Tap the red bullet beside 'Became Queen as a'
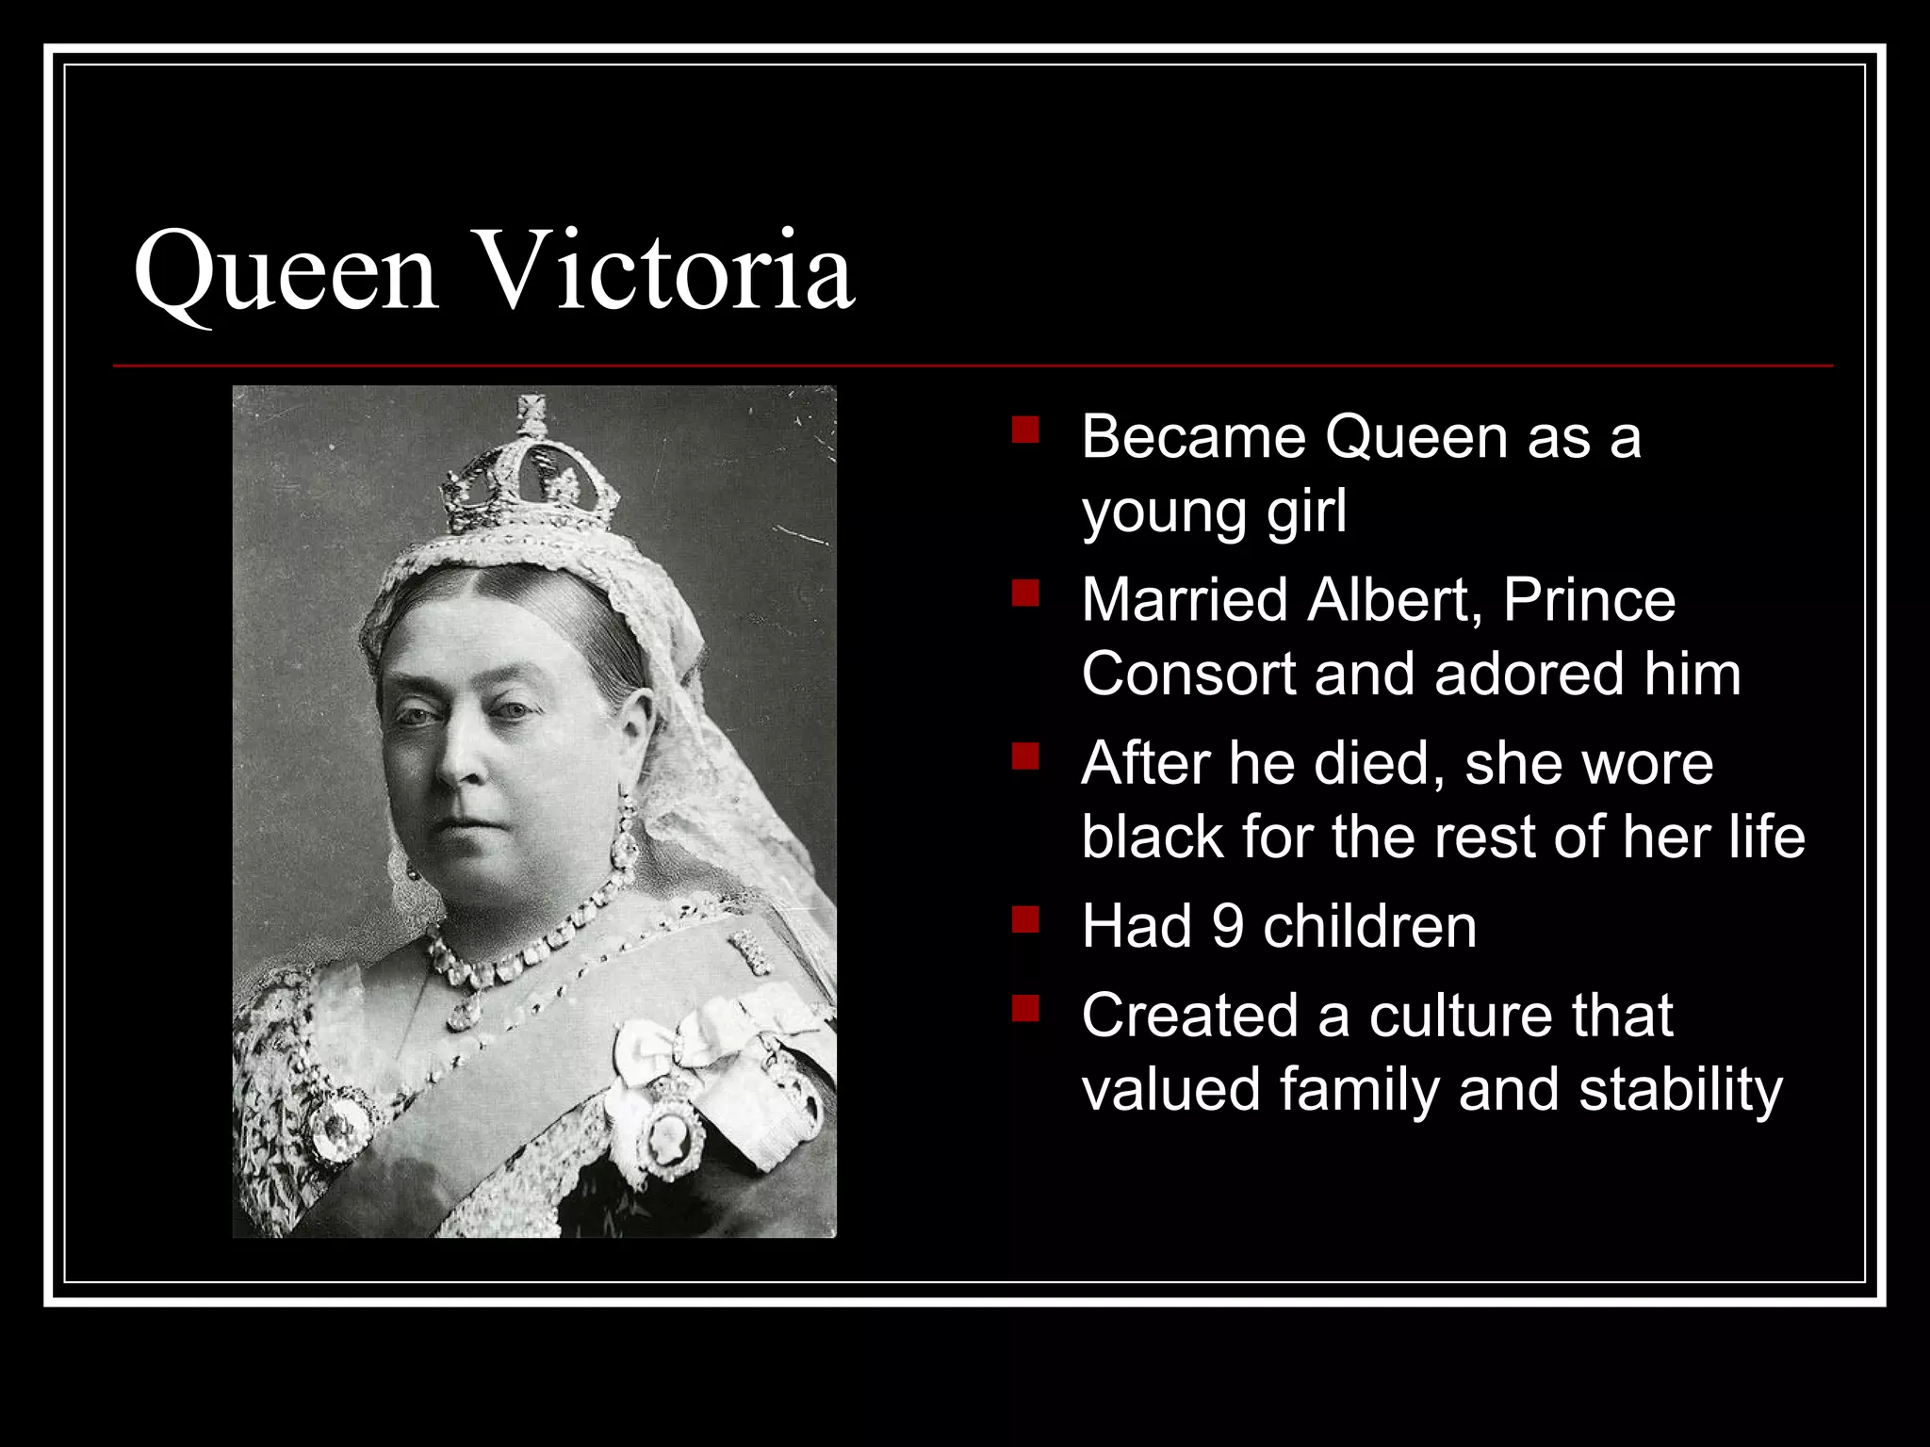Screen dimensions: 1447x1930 [x=1025, y=431]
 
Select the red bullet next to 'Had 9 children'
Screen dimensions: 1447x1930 [x=1025, y=919]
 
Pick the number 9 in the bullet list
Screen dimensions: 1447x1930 [x=1228, y=926]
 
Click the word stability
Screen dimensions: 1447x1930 [x=1680, y=1089]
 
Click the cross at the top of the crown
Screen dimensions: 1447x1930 [x=532, y=413]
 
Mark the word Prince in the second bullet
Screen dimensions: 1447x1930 [x=1589, y=599]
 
